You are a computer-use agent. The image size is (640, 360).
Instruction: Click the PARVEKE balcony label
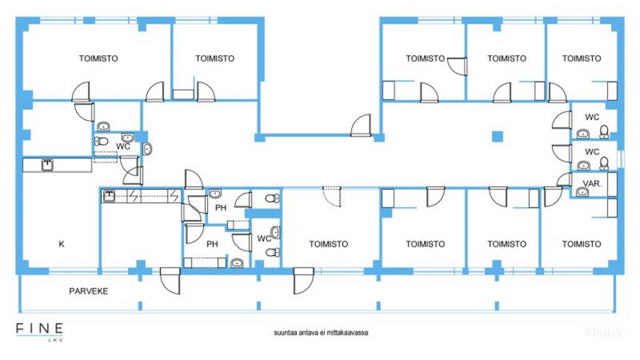click(89, 291)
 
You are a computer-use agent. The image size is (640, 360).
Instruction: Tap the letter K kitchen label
click(62, 244)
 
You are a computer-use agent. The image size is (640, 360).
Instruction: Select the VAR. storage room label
click(592, 184)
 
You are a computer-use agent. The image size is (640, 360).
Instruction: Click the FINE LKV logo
click(39, 331)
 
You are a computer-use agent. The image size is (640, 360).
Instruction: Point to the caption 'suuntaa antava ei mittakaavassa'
click(321, 332)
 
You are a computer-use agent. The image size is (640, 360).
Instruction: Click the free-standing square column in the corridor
click(497, 136)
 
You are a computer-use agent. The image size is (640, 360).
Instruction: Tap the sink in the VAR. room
click(582, 191)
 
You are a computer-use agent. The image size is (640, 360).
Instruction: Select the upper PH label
click(221, 207)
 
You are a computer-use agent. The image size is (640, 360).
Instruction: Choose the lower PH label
click(212, 244)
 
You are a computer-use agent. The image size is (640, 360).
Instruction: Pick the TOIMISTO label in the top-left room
click(98, 58)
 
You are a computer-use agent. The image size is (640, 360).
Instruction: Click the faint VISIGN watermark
click(604, 332)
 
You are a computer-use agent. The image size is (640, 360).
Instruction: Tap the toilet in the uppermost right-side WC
click(604, 131)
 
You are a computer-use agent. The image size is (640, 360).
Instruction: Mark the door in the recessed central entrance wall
click(361, 125)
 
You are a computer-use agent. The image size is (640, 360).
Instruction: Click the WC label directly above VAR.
click(592, 152)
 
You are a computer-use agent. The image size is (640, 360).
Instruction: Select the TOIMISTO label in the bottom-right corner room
click(582, 244)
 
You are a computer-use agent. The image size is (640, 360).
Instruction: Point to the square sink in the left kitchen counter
click(47, 165)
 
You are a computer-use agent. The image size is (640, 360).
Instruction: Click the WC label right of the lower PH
click(264, 238)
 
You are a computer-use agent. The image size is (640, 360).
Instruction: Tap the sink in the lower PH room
click(237, 263)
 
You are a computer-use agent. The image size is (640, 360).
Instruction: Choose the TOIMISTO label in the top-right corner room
click(582, 58)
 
